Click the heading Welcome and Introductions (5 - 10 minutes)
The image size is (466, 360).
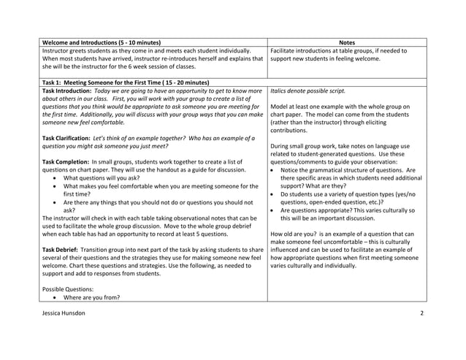[x=102, y=42]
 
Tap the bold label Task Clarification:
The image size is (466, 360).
[x=72, y=138]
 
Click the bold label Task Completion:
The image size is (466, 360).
[x=69, y=161]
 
